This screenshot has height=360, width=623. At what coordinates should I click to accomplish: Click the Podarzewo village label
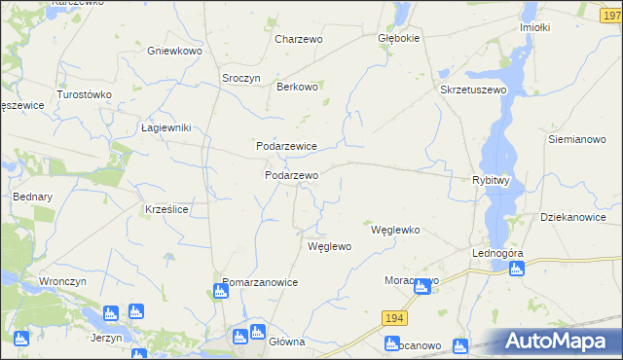pos(292,175)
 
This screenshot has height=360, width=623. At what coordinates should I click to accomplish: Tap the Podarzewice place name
pos(286,146)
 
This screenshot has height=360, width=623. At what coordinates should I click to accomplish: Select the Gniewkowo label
pos(174,51)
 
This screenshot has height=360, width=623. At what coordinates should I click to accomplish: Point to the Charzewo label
pos(299,40)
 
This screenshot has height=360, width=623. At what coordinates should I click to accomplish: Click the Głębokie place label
pos(398,39)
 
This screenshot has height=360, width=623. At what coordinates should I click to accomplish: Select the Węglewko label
pos(395,231)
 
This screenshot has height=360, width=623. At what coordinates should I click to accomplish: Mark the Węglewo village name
pos(329,247)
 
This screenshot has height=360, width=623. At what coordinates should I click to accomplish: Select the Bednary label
pos(32,197)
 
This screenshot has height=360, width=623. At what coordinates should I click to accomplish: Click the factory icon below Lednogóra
pos(516,270)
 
